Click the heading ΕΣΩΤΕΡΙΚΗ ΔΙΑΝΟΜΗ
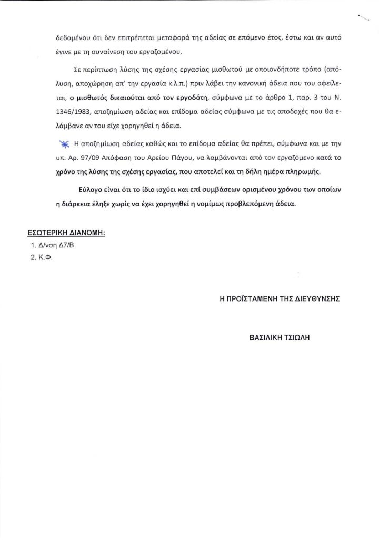(x=66, y=233)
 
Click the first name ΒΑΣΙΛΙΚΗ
(x=265, y=335)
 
